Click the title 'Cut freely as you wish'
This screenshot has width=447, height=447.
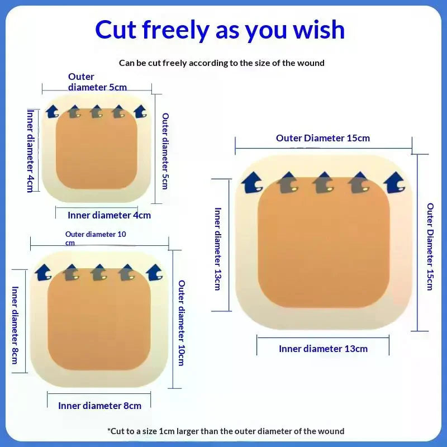click(220, 30)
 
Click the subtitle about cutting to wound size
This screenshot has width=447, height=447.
click(221, 63)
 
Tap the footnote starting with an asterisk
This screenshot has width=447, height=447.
click(226, 431)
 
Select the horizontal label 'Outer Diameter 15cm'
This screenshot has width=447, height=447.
click(323, 138)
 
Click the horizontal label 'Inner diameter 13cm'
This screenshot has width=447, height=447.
click(323, 349)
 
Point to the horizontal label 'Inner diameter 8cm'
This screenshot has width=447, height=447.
click(99, 406)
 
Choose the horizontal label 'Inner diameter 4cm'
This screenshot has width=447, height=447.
click(109, 215)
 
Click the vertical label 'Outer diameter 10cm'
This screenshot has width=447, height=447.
click(182, 323)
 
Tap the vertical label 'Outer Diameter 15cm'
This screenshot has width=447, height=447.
click(430, 246)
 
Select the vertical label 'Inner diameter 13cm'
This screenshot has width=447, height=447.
click(218, 249)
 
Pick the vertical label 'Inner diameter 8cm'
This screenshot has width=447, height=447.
click(15, 325)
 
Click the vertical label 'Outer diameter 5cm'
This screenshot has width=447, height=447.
click(165, 151)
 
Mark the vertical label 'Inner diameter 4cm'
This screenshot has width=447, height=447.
click(31, 151)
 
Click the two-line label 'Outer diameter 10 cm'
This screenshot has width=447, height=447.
click(96, 239)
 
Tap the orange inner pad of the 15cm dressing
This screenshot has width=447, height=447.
click(324, 242)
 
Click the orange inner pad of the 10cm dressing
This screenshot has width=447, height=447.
click(99, 319)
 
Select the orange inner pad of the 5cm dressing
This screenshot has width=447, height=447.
click(96, 149)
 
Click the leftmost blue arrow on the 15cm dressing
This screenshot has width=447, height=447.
click(252, 183)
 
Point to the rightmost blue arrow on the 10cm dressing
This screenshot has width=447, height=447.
click(155, 273)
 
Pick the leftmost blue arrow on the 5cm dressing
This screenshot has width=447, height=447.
click(53, 111)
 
